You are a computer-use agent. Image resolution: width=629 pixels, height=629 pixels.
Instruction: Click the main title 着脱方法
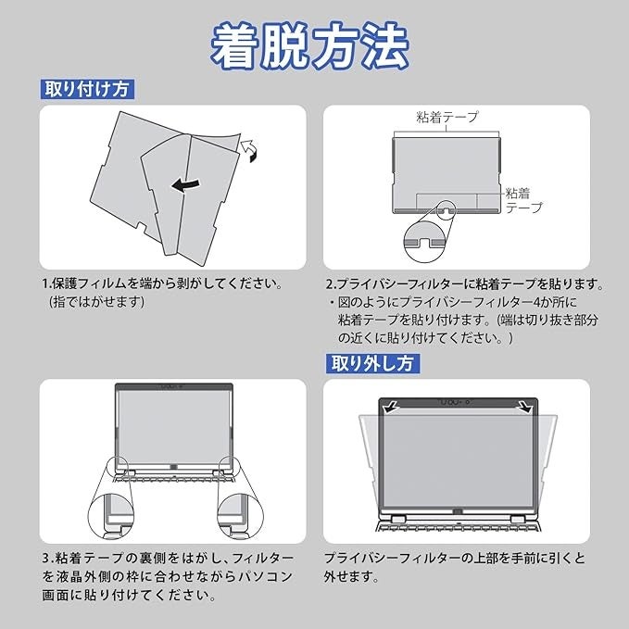[x=309, y=46]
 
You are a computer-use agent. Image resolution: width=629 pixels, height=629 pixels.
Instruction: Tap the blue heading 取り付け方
[x=87, y=89]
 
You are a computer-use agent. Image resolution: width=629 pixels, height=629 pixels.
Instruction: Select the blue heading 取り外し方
[x=371, y=363]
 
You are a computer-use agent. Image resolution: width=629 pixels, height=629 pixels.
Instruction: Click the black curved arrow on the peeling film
[x=185, y=184]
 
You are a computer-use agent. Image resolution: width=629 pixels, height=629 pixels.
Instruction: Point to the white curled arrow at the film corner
[x=249, y=150]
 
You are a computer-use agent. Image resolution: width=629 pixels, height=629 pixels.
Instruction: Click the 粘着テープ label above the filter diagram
[x=447, y=117]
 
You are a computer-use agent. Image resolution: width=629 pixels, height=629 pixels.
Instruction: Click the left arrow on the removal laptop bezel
[x=388, y=408]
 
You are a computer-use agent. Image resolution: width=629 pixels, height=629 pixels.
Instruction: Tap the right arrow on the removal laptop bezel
[x=525, y=407]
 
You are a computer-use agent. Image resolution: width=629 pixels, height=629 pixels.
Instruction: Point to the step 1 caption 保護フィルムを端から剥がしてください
[x=168, y=284]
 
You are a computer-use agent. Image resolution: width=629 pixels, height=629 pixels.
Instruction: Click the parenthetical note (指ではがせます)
[x=96, y=302]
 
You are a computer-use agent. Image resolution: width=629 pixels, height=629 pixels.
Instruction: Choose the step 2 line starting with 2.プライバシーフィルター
[x=465, y=284]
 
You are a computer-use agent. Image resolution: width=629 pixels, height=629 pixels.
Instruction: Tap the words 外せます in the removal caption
[x=350, y=576]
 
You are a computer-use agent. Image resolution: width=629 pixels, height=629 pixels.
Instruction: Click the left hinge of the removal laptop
[x=398, y=520]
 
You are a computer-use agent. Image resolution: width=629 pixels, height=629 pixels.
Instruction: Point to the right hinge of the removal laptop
[x=518, y=520]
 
